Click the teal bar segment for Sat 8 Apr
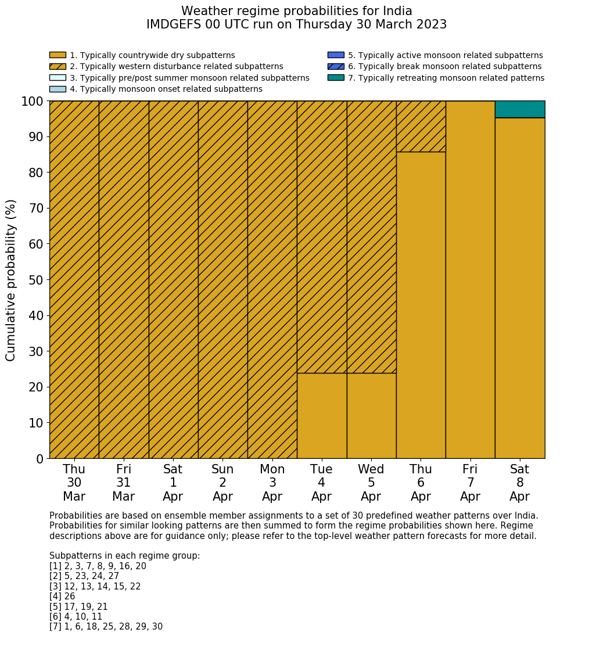click(x=520, y=109)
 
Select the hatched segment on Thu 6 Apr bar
click(x=421, y=127)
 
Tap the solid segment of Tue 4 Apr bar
click(x=322, y=415)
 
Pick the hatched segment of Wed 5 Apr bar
click(x=371, y=237)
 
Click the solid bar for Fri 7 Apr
click(x=470, y=279)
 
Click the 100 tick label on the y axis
click(x=33, y=102)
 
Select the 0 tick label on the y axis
click(x=39, y=459)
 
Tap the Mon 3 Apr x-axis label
click(x=272, y=483)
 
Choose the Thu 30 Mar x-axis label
click(x=74, y=483)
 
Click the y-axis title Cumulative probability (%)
click(x=11, y=280)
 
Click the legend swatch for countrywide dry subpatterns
click(x=58, y=55)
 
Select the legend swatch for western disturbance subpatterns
click(x=58, y=66)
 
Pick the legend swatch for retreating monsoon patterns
click(x=336, y=78)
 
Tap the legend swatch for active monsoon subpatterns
click(x=336, y=55)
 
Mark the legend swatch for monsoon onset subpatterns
click(x=58, y=89)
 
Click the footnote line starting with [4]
click(x=62, y=596)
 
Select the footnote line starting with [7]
click(x=106, y=627)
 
